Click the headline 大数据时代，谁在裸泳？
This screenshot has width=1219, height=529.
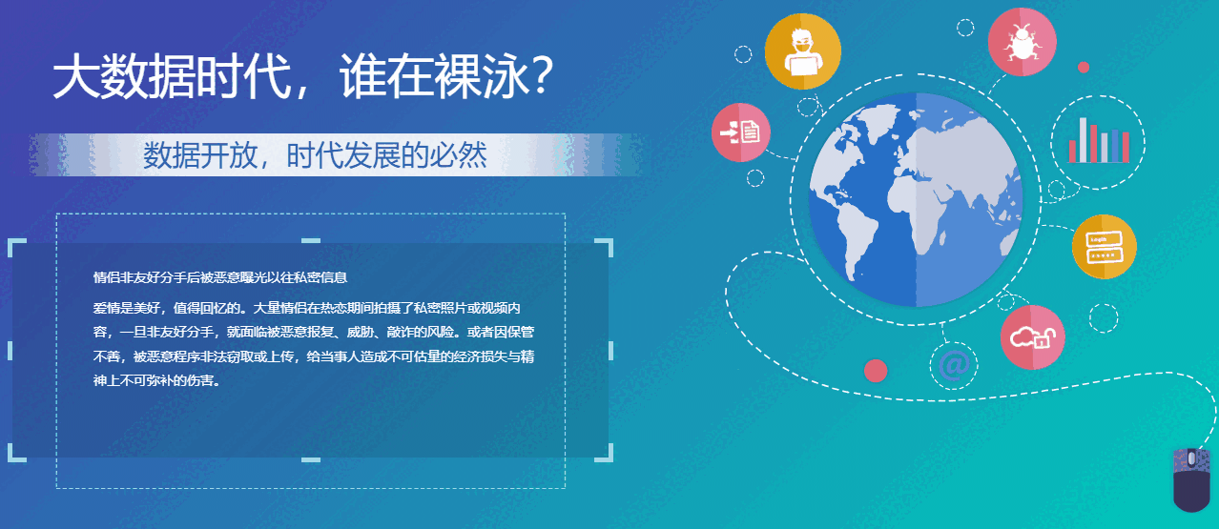(303, 76)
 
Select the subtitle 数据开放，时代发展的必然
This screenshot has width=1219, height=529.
(315, 154)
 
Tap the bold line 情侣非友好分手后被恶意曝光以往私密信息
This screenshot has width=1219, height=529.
(219, 278)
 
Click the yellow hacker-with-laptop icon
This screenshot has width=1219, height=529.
(803, 51)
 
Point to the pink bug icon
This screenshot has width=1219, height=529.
(1022, 41)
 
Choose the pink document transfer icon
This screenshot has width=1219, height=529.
(741, 131)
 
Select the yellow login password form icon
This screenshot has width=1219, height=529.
(1104, 247)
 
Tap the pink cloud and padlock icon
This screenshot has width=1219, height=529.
(1033, 336)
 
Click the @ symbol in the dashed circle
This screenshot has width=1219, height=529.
(954, 365)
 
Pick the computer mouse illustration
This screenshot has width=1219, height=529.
(1192, 478)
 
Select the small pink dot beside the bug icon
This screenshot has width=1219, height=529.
(1083, 67)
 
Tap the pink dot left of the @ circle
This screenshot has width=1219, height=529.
(875, 370)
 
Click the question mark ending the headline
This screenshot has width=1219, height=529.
(541, 76)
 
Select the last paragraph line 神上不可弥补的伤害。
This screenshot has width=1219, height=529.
(156, 379)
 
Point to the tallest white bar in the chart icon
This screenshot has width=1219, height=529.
(1083, 139)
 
